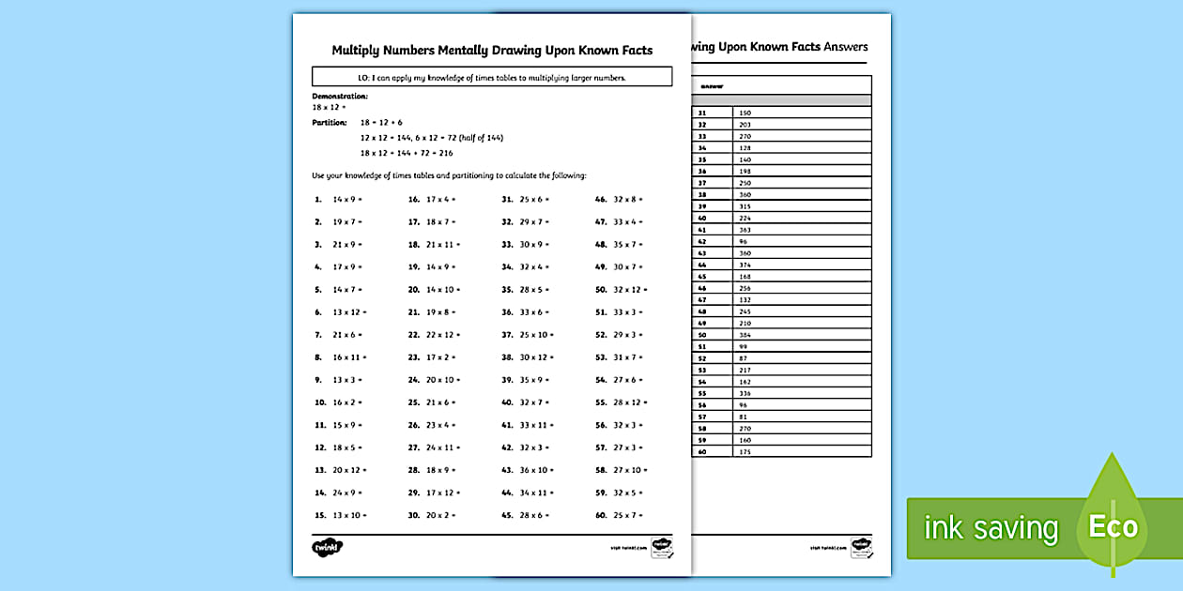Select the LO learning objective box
[x=492, y=77]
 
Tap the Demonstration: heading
[x=340, y=96]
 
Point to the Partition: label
[x=329, y=123]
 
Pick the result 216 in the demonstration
[x=446, y=153]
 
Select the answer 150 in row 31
[x=745, y=113]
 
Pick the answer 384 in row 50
[x=745, y=335]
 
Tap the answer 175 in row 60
[x=745, y=452]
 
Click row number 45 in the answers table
[x=701, y=277]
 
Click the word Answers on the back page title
[x=846, y=47]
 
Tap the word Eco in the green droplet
[x=1113, y=527]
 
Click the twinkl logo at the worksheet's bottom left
[x=327, y=547]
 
